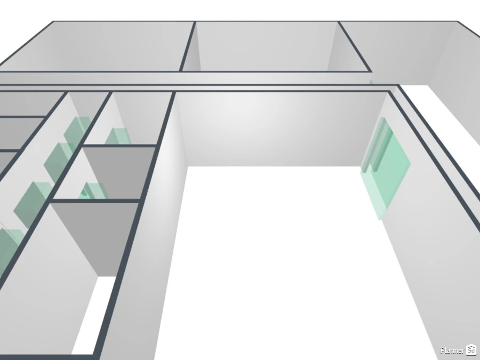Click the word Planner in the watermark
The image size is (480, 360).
[452, 350]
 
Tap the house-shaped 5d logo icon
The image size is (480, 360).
[471, 349]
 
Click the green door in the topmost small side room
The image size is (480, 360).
[118, 136]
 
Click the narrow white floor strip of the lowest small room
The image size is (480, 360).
[89, 315]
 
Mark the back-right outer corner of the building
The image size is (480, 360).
[458, 21]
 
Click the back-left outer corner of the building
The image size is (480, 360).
[53, 22]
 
